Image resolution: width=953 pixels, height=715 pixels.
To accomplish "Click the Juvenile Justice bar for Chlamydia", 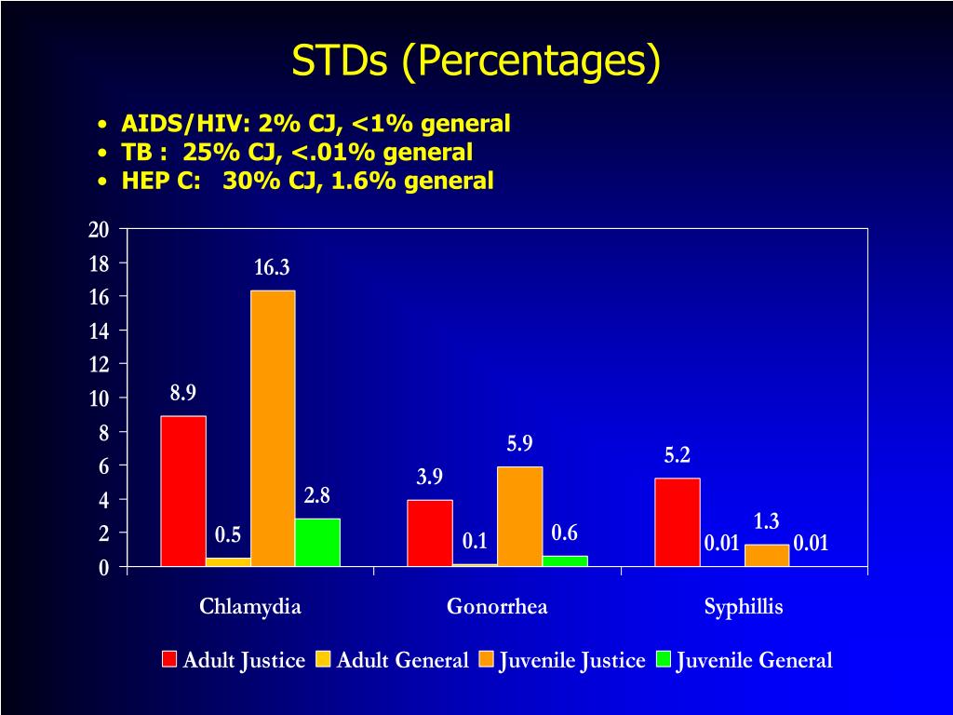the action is (273, 428).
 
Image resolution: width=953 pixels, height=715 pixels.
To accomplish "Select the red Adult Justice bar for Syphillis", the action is (678, 522).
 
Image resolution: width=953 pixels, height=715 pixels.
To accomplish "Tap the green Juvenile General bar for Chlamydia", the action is (318, 543).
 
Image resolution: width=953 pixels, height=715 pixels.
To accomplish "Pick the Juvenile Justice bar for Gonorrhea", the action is (519, 517).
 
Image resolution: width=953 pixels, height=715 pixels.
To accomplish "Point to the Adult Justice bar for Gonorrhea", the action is (430, 533).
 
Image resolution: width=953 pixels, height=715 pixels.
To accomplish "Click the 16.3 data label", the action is (272, 267).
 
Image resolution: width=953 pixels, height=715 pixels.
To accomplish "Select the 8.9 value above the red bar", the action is (183, 393).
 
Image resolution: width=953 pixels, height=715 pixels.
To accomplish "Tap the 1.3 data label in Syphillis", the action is (767, 521).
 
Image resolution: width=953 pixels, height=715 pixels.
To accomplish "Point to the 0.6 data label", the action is (565, 533).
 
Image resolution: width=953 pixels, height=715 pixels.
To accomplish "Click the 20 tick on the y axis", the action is (99, 230).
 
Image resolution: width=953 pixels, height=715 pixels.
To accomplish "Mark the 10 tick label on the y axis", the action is (99, 398).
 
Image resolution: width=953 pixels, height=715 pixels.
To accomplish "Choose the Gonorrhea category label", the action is (497, 606).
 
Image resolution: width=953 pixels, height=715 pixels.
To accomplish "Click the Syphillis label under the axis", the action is (744, 607).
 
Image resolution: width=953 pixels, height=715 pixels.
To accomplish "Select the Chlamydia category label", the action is (250, 607).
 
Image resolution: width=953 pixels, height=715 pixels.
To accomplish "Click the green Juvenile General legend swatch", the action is (663, 660).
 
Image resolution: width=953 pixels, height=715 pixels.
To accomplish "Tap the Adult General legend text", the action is (402, 660).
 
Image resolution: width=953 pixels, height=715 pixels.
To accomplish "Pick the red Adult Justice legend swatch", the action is (169, 660).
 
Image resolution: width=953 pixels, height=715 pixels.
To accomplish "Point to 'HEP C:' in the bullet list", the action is (161, 181).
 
